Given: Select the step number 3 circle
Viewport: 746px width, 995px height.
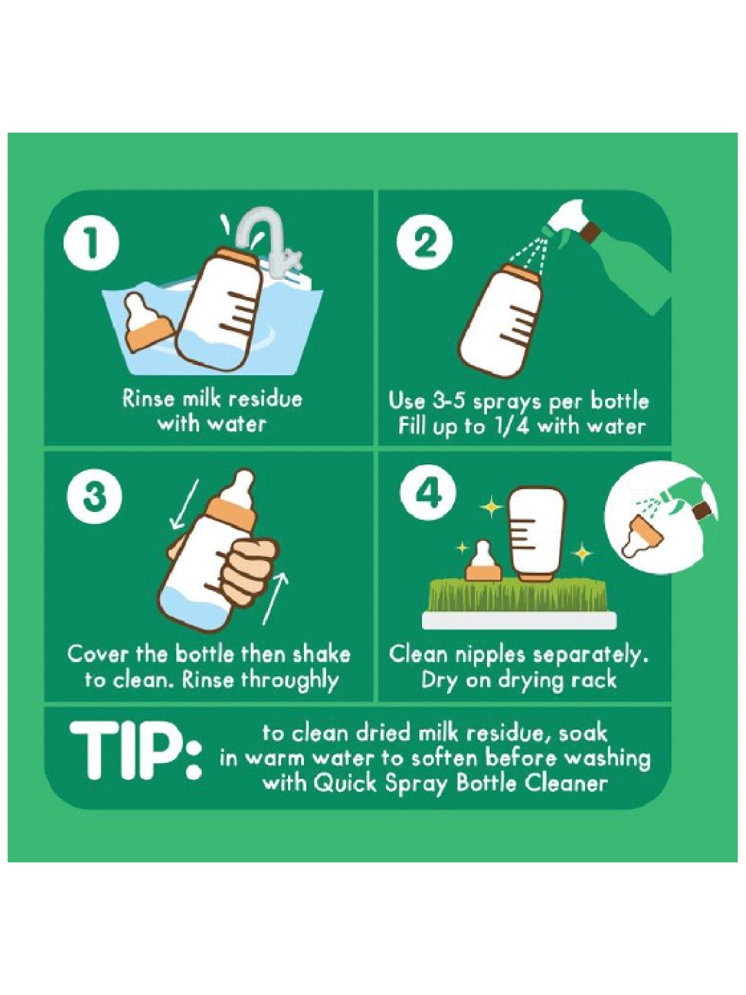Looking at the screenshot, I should [x=94, y=497].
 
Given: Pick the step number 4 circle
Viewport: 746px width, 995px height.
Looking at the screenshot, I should [x=428, y=493].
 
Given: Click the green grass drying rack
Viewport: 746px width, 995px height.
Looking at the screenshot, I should [x=518, y=596].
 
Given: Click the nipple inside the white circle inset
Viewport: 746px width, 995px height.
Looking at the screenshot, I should [x=642, y=536].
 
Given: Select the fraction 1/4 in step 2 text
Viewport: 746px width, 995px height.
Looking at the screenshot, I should [x=511, y=426].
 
